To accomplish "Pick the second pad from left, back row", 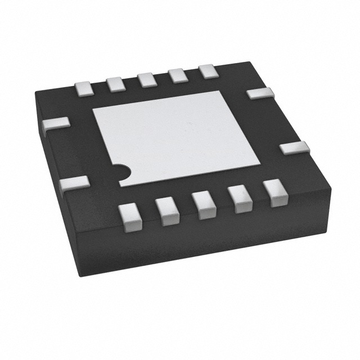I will click(116, 83).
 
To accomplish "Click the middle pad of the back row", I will click(147, 79).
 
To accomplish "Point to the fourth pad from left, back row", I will click(177, 75).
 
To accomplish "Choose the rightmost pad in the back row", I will click(207, 71).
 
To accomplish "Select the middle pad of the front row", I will click(204, 204).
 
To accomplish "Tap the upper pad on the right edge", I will click(260, 93).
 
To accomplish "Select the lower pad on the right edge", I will click(294, 148).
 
